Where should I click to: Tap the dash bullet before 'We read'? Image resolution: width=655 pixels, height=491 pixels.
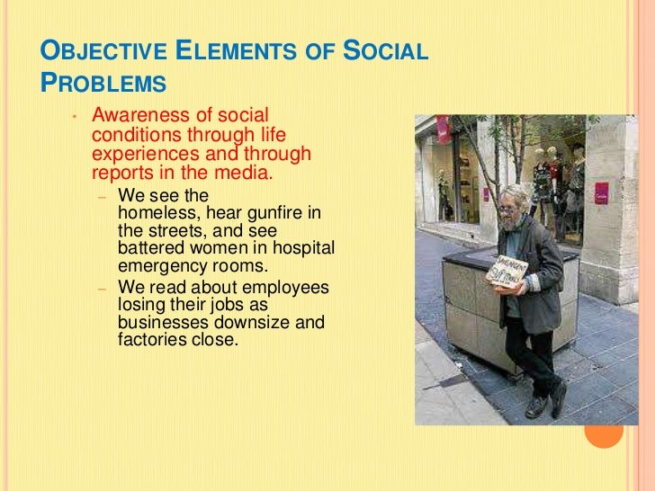(103, 289)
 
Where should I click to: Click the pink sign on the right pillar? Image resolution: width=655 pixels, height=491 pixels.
(601, 191)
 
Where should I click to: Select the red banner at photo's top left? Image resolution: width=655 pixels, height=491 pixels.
(443, 129)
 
